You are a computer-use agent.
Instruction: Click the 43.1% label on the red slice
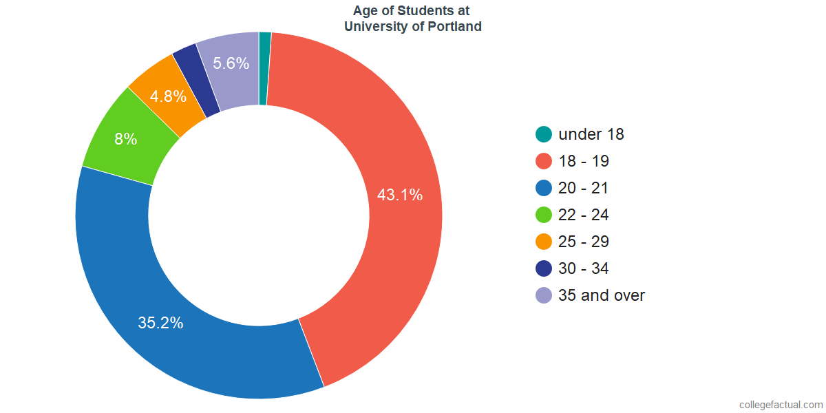(399, 195)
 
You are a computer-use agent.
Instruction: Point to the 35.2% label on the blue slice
(160, 323)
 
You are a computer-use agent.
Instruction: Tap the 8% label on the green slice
(125, 139)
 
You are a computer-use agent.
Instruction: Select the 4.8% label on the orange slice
(169, 96)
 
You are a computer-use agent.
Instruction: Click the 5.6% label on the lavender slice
(231, 63)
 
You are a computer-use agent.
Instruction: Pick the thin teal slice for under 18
(265, 69)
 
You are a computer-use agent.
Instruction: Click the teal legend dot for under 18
(544, 134)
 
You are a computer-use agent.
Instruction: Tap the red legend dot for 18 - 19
(544, 161)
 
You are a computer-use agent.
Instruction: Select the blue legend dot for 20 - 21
(544, 188)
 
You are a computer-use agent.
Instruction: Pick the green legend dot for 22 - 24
(544, 215)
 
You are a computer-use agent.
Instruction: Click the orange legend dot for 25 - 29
(544, 242)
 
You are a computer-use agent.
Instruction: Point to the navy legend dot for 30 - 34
(544, 268)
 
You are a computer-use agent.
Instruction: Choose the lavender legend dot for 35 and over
(544, 295)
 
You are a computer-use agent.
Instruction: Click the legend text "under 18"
(591, 134)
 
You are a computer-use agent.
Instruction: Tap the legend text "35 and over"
(602, 295)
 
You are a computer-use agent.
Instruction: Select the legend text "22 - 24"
(584, 215)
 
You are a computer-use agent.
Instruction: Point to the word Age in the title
(365, 11)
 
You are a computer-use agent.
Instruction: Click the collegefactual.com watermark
(781, 405)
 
